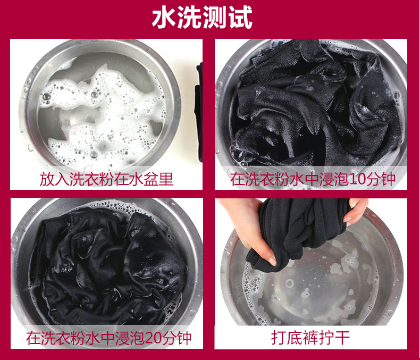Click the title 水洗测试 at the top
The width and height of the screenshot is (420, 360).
[x=202, y=18]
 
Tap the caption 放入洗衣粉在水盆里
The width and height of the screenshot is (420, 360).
[x=106, y=179]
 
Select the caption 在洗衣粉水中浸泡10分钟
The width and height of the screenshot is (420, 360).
[x=313, y=179]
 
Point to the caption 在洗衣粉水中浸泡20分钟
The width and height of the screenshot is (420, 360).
[x=108, y=338]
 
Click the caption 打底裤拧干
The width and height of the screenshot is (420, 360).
[x=310, y=338]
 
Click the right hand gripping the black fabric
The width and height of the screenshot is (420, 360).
[x=356, y=212]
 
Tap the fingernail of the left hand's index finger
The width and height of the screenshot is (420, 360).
[x=272, y=261]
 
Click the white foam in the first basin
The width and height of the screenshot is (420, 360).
[x=102, y=113]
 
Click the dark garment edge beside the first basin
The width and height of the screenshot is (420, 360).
[x=199, y=113]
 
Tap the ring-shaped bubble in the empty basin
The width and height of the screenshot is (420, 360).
[x=290, y=283]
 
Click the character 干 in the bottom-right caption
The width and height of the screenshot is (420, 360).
[x=342, y=338]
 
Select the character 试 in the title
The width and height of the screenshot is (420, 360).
[x=240, y=18]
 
